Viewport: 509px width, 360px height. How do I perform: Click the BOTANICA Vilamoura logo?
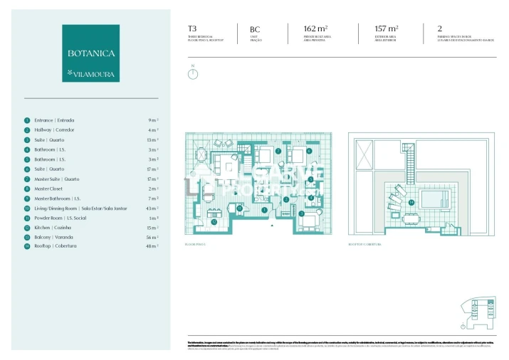coord(90,53)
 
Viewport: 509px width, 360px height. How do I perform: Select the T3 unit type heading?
coord(191,28)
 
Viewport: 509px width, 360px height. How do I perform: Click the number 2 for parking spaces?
coord(440,28)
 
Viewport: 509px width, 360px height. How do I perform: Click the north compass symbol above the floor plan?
coord(192,73)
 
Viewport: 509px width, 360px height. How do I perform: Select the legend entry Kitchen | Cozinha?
coord(54,228)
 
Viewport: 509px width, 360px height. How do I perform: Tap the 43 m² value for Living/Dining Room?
coord(152,208)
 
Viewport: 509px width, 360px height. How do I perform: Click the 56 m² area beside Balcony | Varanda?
coord(152,238)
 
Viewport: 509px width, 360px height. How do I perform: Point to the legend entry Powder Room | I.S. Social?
coord(60,218)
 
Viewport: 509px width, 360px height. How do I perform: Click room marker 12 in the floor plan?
coord(214,221)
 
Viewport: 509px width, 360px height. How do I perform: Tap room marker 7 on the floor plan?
coord(278,151)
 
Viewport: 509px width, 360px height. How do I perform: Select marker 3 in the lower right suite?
coord(302,213)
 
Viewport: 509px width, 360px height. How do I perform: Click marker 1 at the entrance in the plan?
coord(264,210)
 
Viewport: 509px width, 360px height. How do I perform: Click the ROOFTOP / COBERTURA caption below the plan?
coord(364,244)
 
